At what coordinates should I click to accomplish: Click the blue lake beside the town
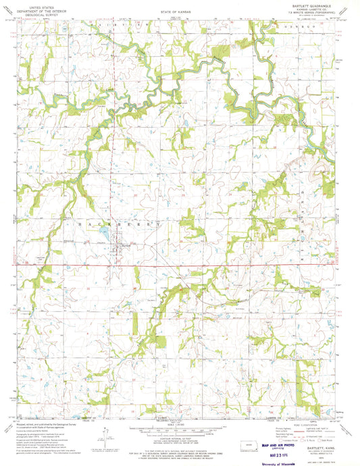102,235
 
